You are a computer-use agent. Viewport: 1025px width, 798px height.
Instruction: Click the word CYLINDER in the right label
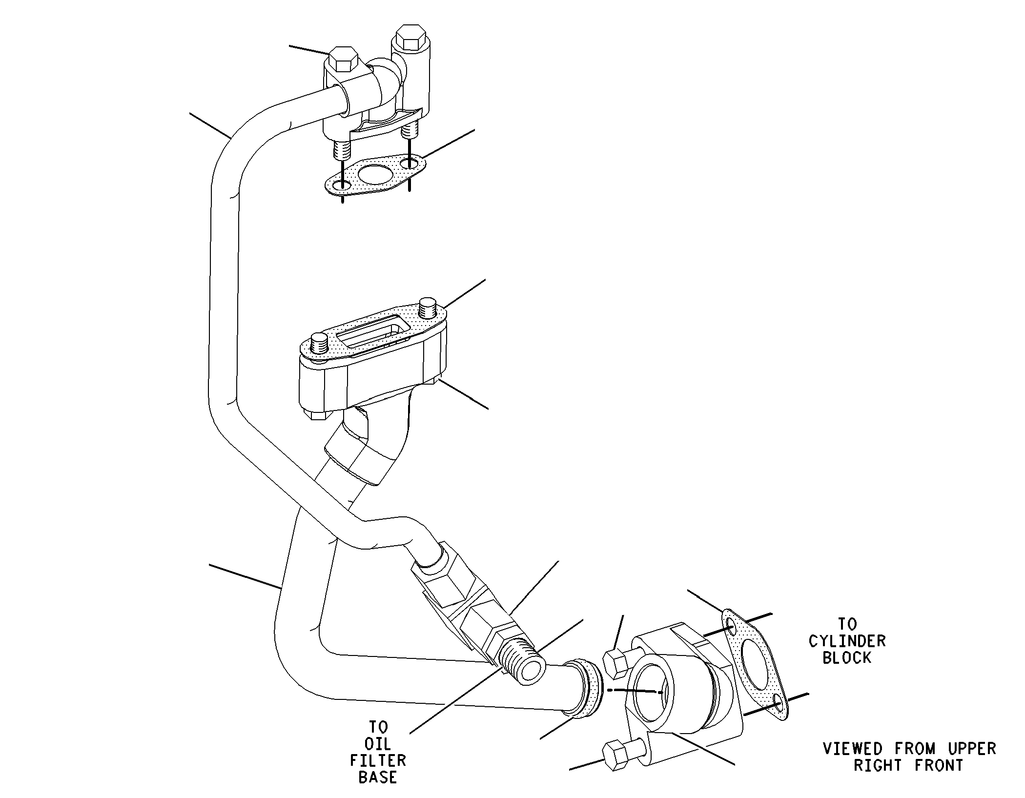point(847,641)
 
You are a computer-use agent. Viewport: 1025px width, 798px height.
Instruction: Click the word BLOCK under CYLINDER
point(847,658)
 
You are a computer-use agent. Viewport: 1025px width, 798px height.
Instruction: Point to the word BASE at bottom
point(378,777)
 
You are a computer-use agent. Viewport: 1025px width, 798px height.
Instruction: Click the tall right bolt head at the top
point(410,38)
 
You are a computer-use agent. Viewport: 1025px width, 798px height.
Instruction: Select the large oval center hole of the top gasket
point(374,174)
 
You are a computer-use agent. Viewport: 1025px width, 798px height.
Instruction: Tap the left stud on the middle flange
point(319,343)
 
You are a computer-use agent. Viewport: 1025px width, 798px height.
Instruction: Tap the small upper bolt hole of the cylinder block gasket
point(731,626)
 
